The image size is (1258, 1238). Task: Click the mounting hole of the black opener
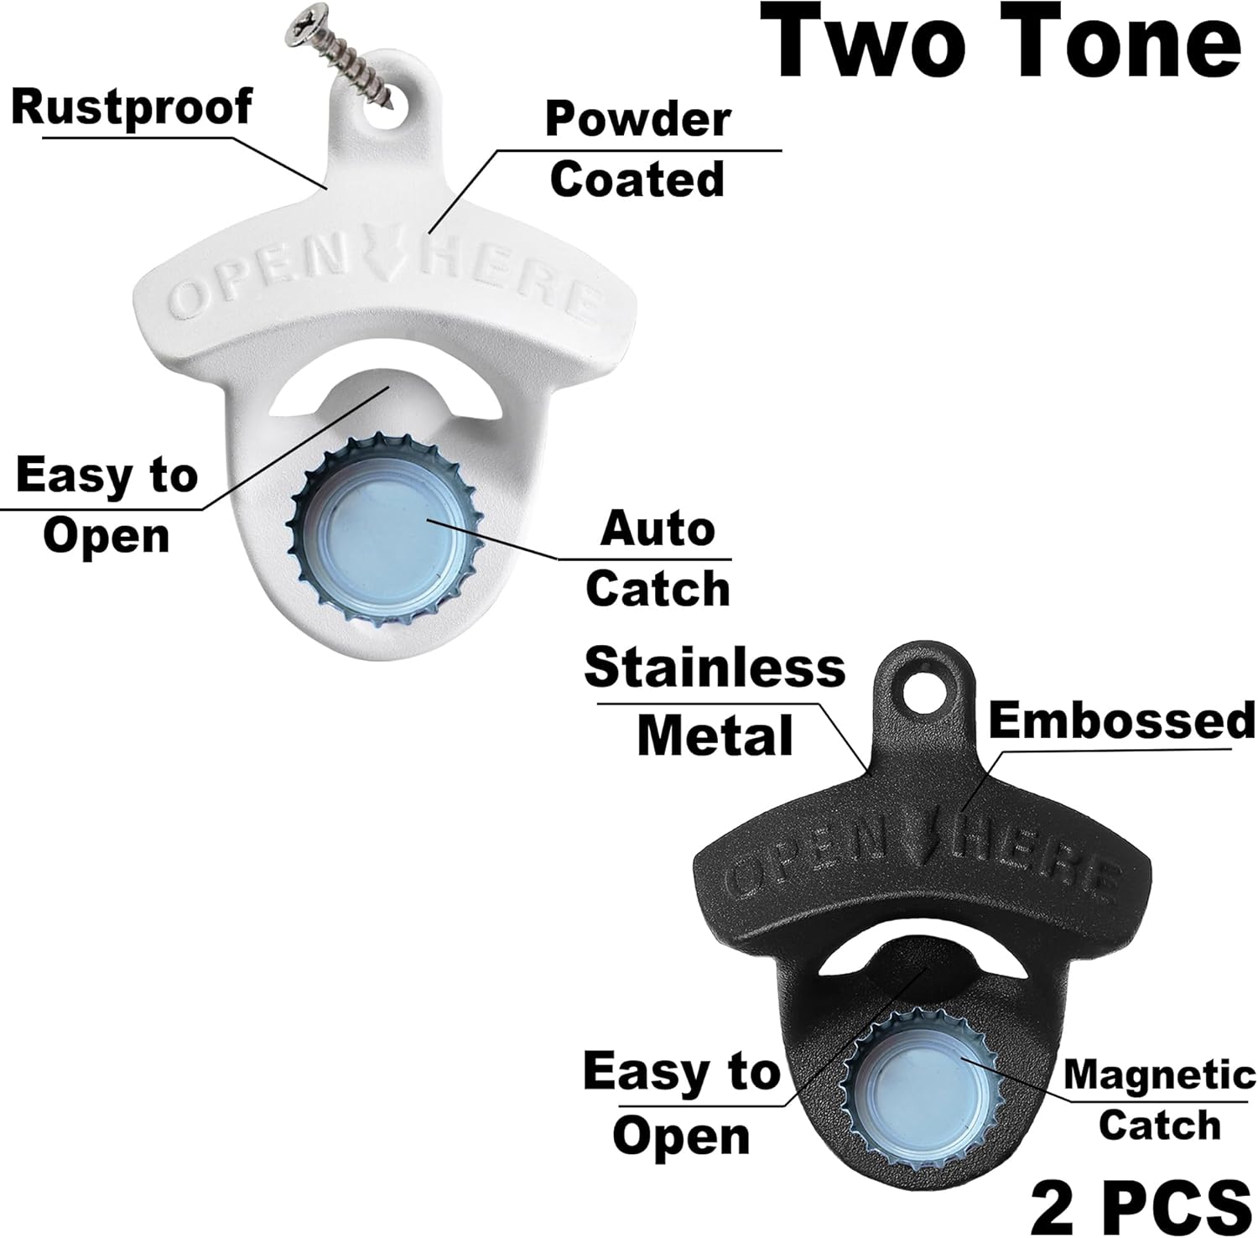coord(923,692)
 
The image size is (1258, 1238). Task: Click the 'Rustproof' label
coord(132,108)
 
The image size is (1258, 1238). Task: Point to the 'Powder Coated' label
coord(637,149)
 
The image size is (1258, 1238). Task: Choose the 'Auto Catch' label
coord(658,559)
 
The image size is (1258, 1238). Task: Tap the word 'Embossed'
coord(1123,720)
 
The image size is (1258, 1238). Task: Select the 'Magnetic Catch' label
coord(1160,1100)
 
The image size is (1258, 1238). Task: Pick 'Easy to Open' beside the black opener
coord(681,1103)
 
